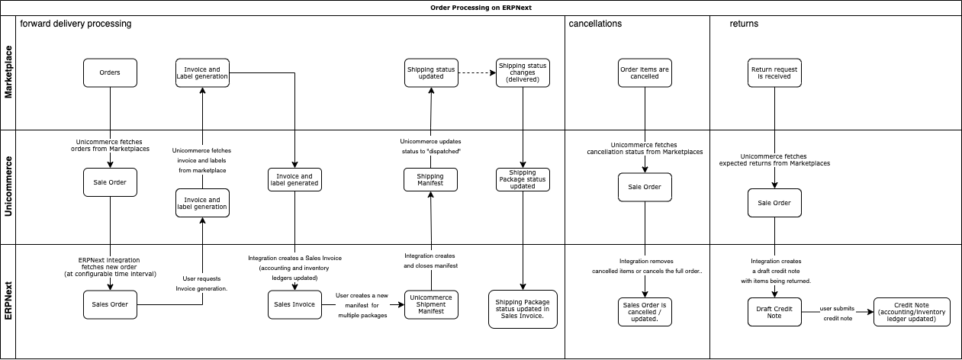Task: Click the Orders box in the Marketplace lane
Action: [x=110, y=73]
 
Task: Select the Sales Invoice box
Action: [x=294, y=305]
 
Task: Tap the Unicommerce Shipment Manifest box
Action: [x=431, y=305]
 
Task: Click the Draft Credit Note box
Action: [x=774, y=311]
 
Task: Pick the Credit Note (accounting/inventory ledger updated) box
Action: [x=912, y=311]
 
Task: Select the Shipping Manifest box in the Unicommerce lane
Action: [x=431, y=180]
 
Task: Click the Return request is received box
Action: [x=774, y=73]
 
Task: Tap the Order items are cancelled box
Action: [x=645, y=73]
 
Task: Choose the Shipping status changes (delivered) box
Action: [x=523, y=73]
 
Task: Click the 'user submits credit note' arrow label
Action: [x=836, y=313]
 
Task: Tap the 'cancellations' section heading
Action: [x=595, y=24]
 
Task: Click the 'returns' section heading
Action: [x=744, y=24]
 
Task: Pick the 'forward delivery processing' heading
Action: [x=76, y=24]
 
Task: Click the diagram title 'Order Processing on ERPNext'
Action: [x=481, y=8]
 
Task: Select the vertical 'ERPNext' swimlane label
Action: [x=8, y=301]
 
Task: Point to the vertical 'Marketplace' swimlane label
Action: [x=8, y=72]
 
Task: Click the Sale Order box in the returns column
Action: [x=774, y=203]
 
